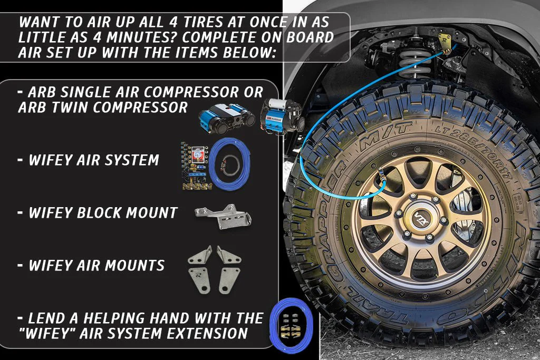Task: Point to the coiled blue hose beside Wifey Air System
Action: (x=230, y=164)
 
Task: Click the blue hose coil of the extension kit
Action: (x=291, y=325)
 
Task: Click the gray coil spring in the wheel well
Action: (x=413, y=63)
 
